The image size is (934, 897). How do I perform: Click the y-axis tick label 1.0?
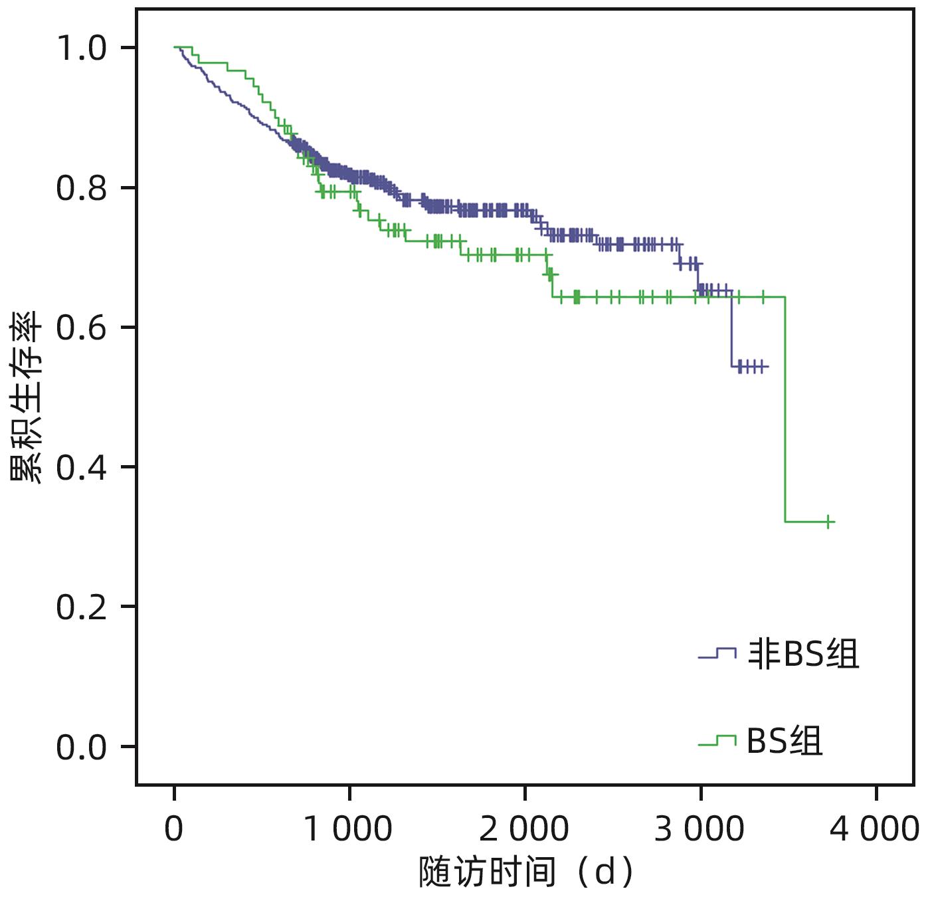pyautogui.click(x=81, y=49)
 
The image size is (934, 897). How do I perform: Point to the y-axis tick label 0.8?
pyautogui.click(x=81, y=188)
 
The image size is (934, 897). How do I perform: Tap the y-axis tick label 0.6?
pyautogui.click(x=81, y=328)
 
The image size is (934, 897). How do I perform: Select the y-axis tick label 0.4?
pyautogui.click(x=81, y=467)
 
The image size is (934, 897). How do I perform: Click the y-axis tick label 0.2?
pyautogui.click(x=81, y=607)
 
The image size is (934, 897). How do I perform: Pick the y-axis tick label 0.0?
pyautogui.click(x=81, y=747)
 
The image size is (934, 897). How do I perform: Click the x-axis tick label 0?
pyautogui.click(x=174, y=829)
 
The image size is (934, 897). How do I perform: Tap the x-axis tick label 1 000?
pyautogui.click(x=348, y=829)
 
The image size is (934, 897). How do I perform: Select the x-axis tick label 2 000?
pyautogui.click(x=524, y=829)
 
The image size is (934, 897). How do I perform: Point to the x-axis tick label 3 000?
pyautogui.click(x=700, y=829)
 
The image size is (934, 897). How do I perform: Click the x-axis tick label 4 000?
pyautogui.click(x=875, y=829)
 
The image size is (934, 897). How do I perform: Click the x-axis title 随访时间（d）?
pyautogui.click(x=525, y=872)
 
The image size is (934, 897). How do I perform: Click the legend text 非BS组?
pyautogui.click(x=803, y=654)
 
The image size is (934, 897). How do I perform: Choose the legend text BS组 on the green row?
pyautogui.click(x=785, y=740)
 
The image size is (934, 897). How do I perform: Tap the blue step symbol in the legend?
pyautogui.click(x=717, y=654)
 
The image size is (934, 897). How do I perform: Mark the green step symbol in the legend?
pyautogui.click(x=717, y=740)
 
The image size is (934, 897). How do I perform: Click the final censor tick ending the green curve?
pyautogui.click(x=828, y=522)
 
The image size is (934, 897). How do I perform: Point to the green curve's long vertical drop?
pyautogui.click(x=785, y=409)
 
